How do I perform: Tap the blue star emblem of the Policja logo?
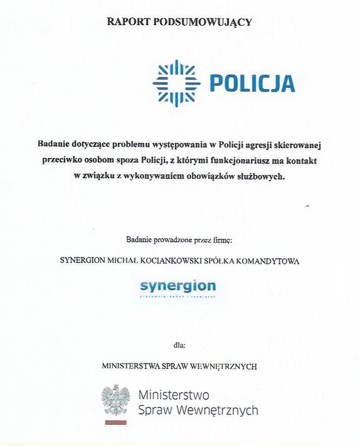[176, 83]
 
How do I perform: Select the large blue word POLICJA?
[251, 83]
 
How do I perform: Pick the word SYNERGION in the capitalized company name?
[82, 260]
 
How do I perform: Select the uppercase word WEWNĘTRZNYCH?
[224, 366]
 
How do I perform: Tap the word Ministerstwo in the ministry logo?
[173, 395]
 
